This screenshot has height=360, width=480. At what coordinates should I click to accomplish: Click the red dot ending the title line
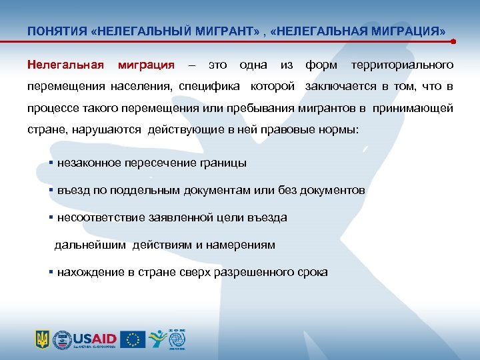pos(453,41)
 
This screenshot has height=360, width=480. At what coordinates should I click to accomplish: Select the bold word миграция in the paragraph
pos(146,65)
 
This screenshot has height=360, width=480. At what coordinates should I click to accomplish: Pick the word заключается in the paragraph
pos(342,87)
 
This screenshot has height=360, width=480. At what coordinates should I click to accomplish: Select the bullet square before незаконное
pos(51,163)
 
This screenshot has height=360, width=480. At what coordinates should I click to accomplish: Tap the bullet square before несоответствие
pos(51,217)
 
